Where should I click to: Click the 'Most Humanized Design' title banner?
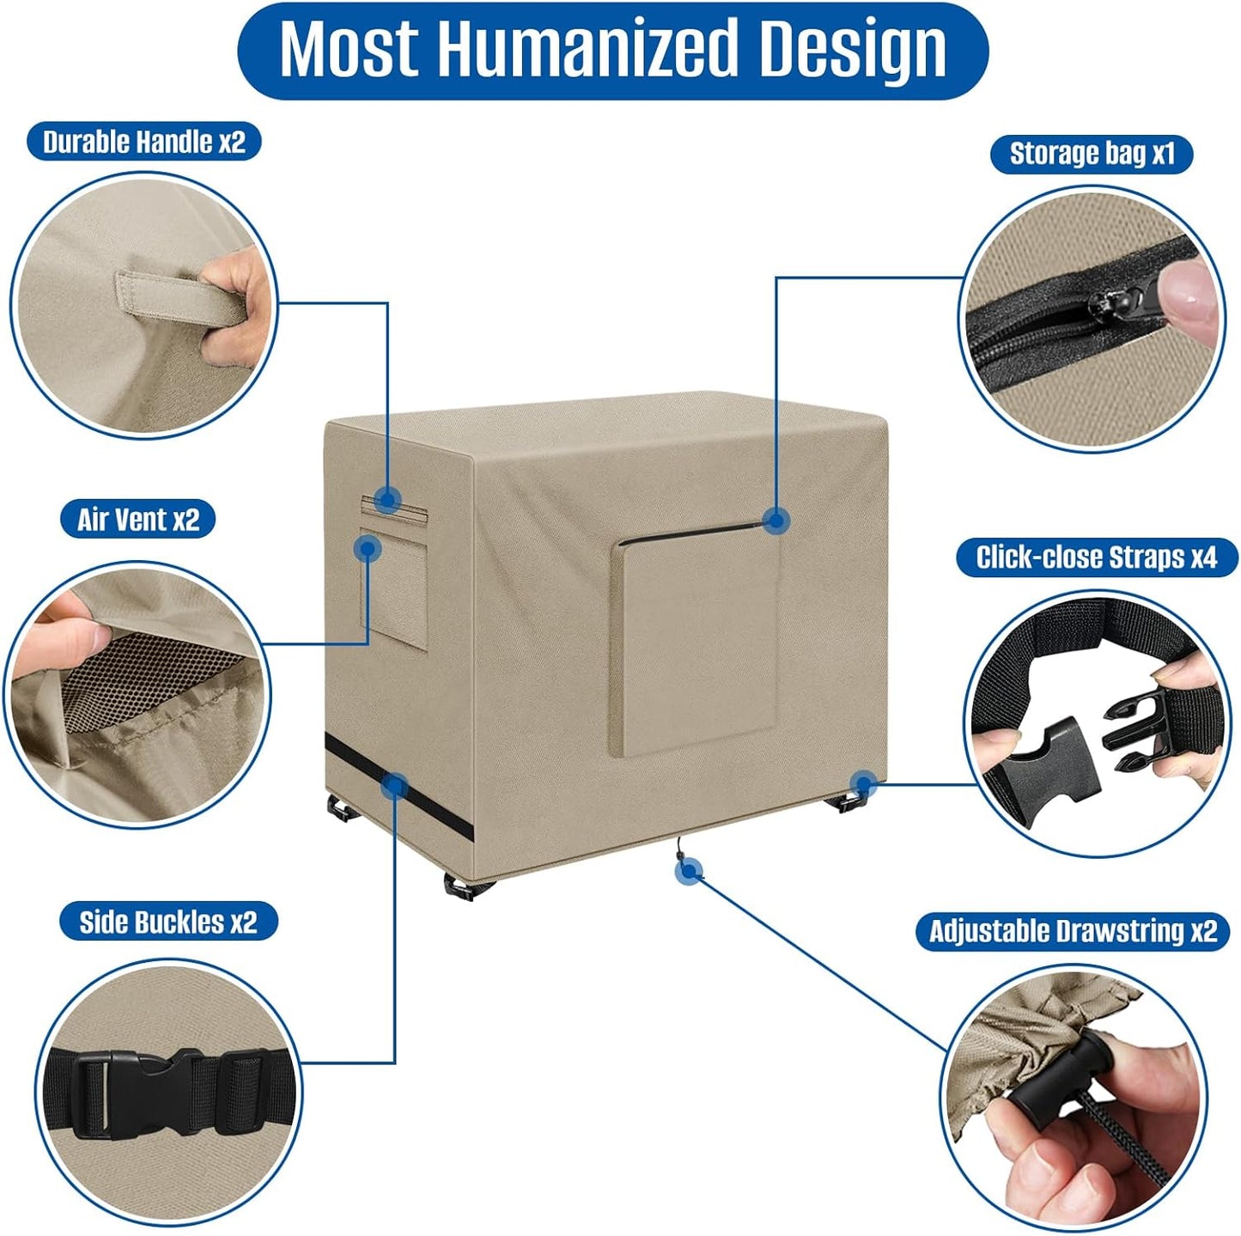[x=612, y=51]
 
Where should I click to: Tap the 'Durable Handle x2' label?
[x=144, y=142]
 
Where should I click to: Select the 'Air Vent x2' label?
[x=137, y=519]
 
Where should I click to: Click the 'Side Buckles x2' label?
[x=168, y=922]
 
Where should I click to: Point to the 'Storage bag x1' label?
[x=1092, y=154]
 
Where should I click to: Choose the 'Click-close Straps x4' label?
[x=1097, y=557]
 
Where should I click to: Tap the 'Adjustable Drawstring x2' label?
[x=1074, y=931]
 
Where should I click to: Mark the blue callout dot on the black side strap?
[x=394, y=785]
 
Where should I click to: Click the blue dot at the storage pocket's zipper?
[x=776, y=519]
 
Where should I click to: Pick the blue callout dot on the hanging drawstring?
[x=689, y=872]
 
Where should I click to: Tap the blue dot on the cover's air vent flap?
[x=368, y=549]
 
